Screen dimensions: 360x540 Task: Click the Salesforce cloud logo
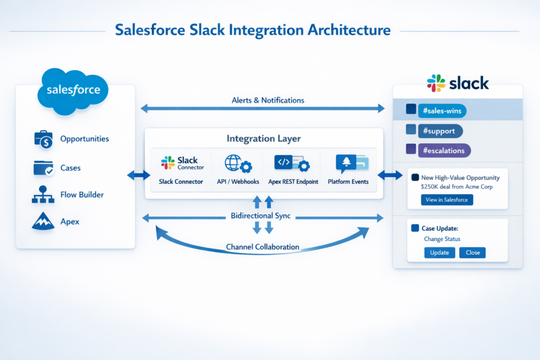coord(73,90)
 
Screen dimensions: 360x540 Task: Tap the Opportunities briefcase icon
coord(43,139)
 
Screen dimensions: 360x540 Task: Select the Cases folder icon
coord(43,168)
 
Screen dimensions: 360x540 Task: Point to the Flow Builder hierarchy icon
coord(43,195)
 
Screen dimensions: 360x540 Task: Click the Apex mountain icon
coord(43,221)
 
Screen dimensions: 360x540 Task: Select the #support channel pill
coord(440,131)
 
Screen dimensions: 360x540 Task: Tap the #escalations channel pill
coord(444,150)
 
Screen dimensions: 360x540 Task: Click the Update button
coord(439,252)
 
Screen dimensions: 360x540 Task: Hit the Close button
coord(472,252)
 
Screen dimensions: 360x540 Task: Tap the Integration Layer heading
coord(264,139)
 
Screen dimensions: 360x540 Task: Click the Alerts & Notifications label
coord(268,100)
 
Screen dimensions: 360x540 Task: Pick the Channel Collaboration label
coord(263,247)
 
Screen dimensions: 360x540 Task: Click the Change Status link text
coord(442,239)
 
